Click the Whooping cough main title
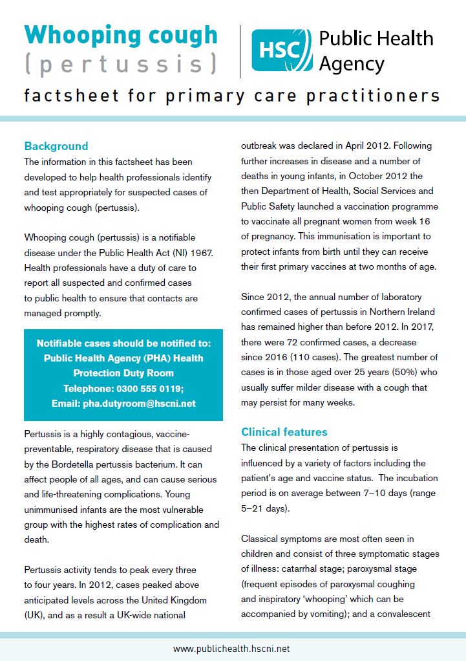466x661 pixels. click(121, 36)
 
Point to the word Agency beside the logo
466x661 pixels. click(352, 64)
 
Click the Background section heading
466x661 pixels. click(56, 146)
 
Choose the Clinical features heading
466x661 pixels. click(284, 432)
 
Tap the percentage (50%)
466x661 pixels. click(396, 372)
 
